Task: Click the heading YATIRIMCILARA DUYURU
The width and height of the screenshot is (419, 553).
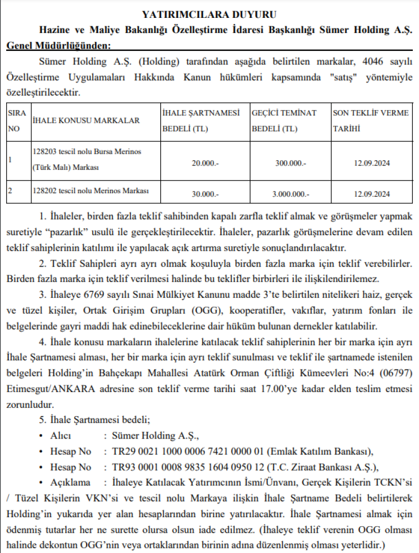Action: pyautogui.click(x=209, y=13)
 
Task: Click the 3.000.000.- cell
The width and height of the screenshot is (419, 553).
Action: pyautogui.click(x=291, y=194)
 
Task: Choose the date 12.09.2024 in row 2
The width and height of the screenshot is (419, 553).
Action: pyautogui.click(x=372, y=194)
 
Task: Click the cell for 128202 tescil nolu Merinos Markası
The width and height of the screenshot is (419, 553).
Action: pyautogui.click(x=91, y=190)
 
